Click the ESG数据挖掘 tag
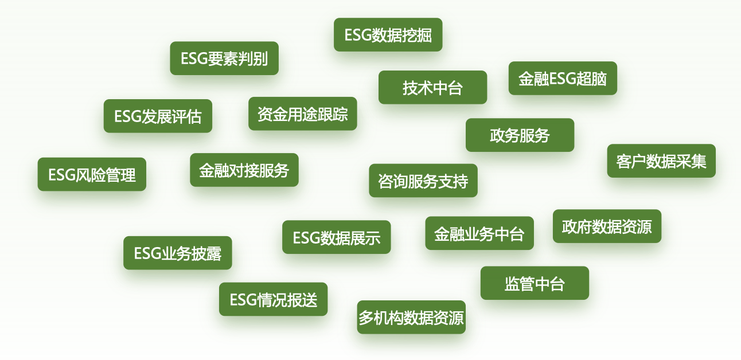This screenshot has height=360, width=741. click(x=388, y=35)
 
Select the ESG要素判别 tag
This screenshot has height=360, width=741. click(x=224, y=58)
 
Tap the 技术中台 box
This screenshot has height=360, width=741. click(x=432, y=88)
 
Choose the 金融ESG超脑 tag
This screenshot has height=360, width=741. click(x=563, y=79)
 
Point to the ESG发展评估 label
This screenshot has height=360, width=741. click(x=158, y=116)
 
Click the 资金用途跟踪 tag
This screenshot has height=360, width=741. click(x=302, y=114)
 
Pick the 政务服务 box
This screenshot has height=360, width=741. click(x=520, y=135)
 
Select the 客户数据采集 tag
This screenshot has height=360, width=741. click(x=661, y=161)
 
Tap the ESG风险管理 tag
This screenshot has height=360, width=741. click(x=92, y=174)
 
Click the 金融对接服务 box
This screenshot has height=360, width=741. click(x=244, y=170)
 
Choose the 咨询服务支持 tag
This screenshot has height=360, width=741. click(x=423, y=181)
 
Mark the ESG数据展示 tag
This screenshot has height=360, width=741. click(x=336, y=237)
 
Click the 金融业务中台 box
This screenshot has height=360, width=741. click(x=479, y=233)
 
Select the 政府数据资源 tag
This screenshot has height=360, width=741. click(x=607, y=226)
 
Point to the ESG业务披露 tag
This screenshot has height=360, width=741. click(x=178, y=253)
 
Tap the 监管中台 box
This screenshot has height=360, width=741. click(x=535, y=283)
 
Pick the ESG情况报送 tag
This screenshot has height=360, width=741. click(x=273, y=299)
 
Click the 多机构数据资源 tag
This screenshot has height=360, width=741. click(x=411, y=317)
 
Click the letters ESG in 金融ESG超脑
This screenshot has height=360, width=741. click(x=563, y=79)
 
